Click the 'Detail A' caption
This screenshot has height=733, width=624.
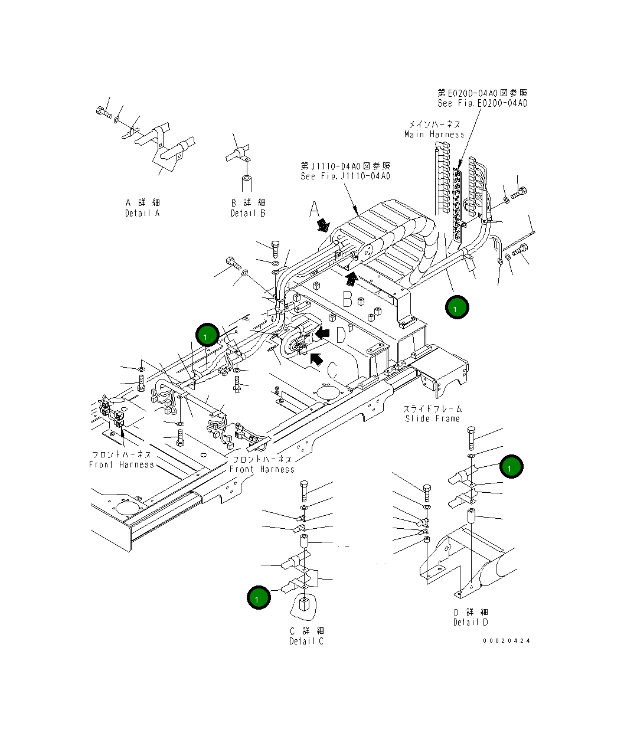click(x=142, y=213)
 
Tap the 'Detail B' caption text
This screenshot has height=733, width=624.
click(x=248, y=213)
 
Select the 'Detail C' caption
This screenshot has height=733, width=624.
click(x=306, y=641)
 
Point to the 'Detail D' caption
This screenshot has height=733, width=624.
click(x=471, y=622)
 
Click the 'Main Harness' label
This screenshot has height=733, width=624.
click(x=434, y=135)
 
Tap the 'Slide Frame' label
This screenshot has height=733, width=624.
click(x=432, y=418)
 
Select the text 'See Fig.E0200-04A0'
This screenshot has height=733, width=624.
click(x=482, y=103)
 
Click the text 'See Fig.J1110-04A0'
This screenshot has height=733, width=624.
click(x=345, y=176)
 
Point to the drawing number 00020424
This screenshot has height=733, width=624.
click(x=506, y=641)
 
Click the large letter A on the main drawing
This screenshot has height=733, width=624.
click(x=315, y=209)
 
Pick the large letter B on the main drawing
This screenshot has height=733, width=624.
click(x=348, y=299)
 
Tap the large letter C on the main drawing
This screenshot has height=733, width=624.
click(x=332, y=371)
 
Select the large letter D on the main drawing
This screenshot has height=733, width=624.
click(x=341, y=335)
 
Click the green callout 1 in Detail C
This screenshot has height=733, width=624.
click(x=259, y=598)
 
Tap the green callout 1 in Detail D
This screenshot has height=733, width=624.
click(x=511, y=467)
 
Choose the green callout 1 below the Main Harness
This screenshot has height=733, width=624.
click(x=456, y=307)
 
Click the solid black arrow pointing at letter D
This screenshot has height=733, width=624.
click(x=322, y=333)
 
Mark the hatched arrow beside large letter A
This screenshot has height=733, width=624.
click(x=323, y=225)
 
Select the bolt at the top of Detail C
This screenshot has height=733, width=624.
click(x=303, y=489)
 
